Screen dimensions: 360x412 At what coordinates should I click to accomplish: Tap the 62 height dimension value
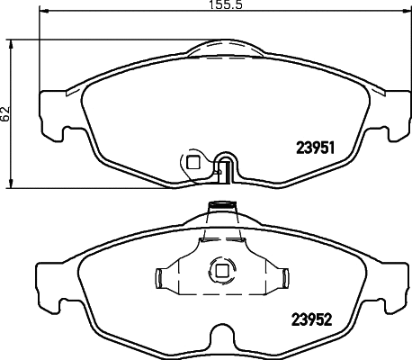pos(6,113)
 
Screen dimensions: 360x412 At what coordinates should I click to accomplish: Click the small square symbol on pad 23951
pos(192,163)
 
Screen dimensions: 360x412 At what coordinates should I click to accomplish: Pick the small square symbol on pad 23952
pos(219,267)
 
